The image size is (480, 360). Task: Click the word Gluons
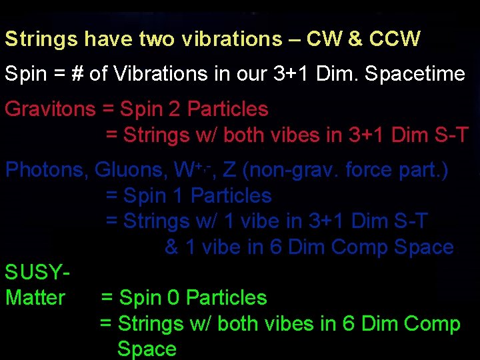point(130,170)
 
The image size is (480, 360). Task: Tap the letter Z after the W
point(229,170)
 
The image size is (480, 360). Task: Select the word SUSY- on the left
point(37,272)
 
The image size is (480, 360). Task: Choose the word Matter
point(35,297)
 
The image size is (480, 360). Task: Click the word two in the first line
point(155,39)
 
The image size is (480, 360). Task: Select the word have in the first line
point(109,39)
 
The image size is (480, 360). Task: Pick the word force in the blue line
point(367,170)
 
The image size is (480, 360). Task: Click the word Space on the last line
point(147,349)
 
